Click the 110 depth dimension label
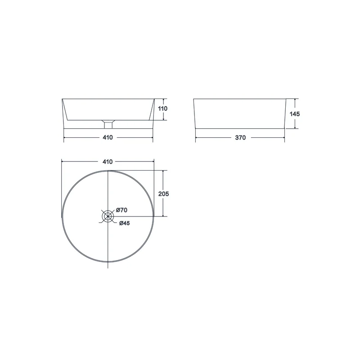(x=163, y=108)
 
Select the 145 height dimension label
(x=295, y=114)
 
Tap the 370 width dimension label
(x=240, y=138)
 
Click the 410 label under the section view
(x=108, y=137)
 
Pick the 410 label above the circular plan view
(x=108, y=162)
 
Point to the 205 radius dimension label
(x=163, y=194)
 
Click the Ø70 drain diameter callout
(x=121, y=210)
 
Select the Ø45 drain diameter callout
(x=125, y=223)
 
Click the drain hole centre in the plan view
(x=108, y=216)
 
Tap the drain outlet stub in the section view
(x=108, y=125)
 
